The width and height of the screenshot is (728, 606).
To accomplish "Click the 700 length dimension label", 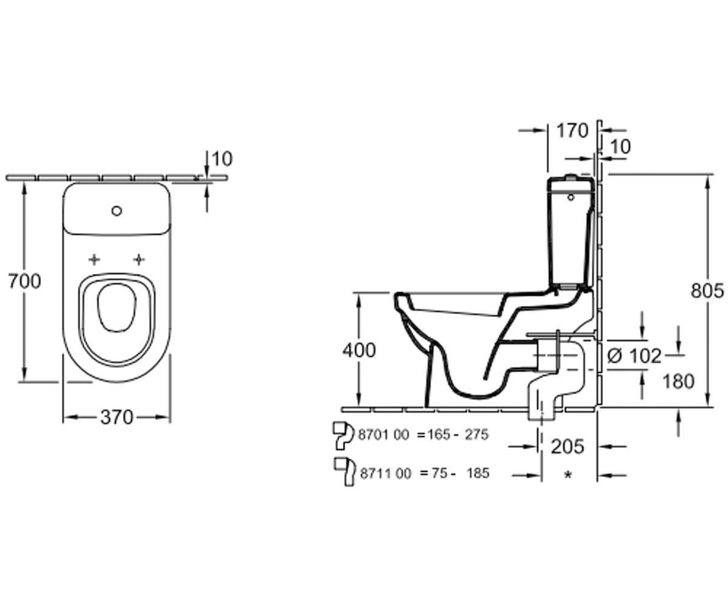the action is coord(25,281).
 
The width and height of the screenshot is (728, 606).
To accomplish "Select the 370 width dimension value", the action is coord(117,418).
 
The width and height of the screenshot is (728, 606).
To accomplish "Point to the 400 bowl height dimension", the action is coord(359,350).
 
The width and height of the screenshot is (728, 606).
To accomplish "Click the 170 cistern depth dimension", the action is coord(573,132).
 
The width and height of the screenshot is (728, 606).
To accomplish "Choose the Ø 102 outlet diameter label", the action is coord(634,356).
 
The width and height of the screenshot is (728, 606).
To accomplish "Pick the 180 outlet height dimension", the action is coord(678,381).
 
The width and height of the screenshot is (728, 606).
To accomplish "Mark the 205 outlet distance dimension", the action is coord(567,447).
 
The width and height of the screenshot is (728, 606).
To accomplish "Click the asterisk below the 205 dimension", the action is coord(568,474).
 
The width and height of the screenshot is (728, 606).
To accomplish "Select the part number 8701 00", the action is coord(383,435).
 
